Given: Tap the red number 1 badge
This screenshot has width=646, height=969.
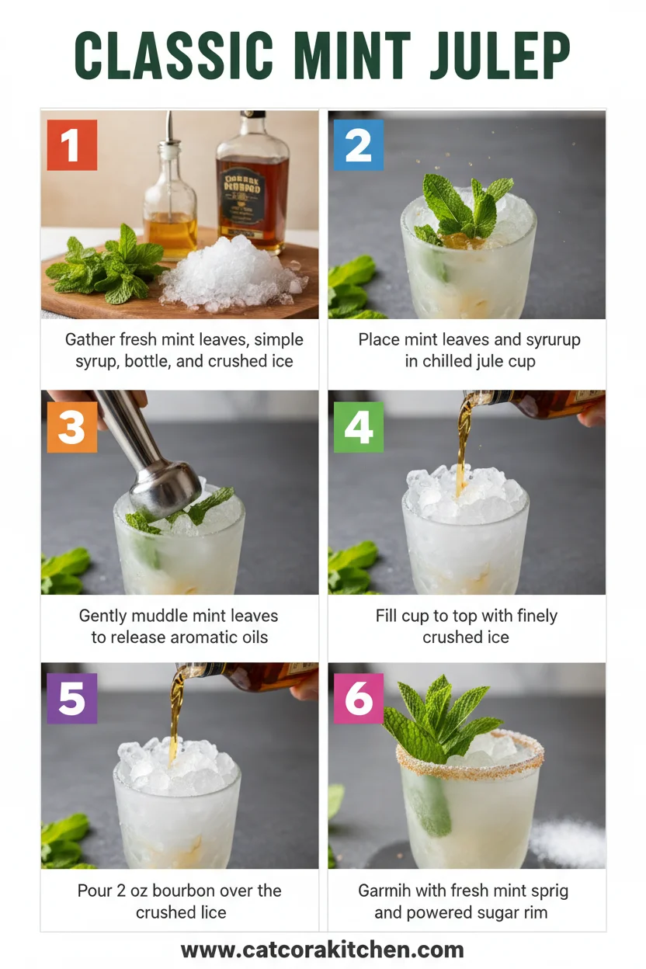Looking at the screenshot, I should pyautogui.click(x=71, y=145).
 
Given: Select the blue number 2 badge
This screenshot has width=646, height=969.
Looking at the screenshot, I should pyautogui.click(x=358, y=145).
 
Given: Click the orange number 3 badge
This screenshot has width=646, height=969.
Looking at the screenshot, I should pyautogui.click(x=71, y=427).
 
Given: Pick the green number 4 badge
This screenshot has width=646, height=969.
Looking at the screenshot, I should pyautogui.click(x=358, y=427).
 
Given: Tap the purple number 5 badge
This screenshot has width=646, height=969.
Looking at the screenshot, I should pyautogui.click(x=71, y=698).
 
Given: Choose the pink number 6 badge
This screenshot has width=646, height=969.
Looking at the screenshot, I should pyautogui.click(x=358, y=698).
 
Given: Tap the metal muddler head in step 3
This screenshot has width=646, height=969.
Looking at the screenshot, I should pyautogui.click(x=165, y=488).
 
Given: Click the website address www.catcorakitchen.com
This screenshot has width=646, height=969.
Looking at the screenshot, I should pyautogui.click(x=322, y=950).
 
